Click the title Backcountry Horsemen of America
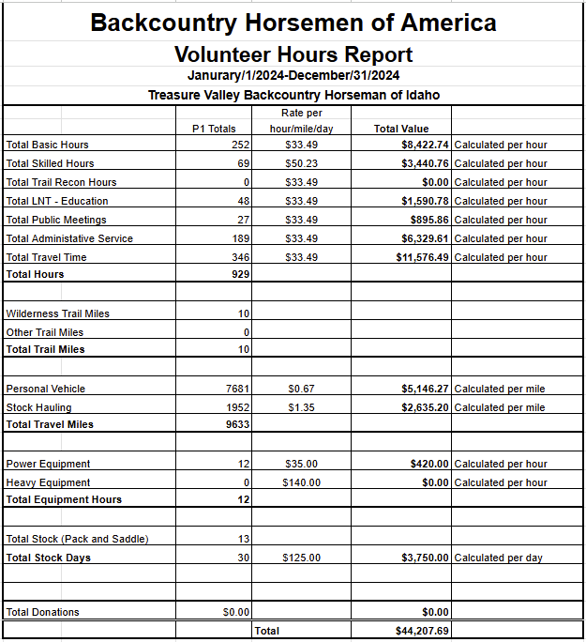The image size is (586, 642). pyautogui.click(x=293, y=23)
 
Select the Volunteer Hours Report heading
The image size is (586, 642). pyautogui.click(x=293, y=54)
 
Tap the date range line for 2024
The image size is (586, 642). pyautogui.click(x=293, y=76)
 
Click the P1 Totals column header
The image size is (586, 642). pyautogui.click(x=214, y=129)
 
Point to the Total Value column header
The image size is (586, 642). pyautogui.click(x=400, y=129)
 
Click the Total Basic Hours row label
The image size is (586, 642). pyautogui.click(x=48, y=145)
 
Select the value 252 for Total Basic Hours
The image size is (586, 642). pyautogui.click(x=241, y=145)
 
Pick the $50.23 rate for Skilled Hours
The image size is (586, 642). pyautogui.click(x=301, y=163)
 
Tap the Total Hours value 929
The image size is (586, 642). pyautogui.click(x=241, y=274)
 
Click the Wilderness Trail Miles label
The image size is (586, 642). pyautogui.click(x=57, y=313)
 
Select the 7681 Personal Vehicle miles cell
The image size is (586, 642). pyautogui.click(x=238, y=389)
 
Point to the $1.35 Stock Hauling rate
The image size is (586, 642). pyautogui.click(x=301, y=407)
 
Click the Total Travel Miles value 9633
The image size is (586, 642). pyautogui.click(x=238, y=424)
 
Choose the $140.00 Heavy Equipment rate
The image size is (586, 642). pyautogui.click(x=301, y=482)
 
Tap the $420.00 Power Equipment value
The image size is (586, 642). pyautogui.click(x=429, y=464)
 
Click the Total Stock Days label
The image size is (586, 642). pyautogui.click(x=48, y=558)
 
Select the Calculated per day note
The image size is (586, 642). pyautogui.click(x=498, y=558)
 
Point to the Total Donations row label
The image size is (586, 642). pyautogui.click(x=42, y=612)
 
